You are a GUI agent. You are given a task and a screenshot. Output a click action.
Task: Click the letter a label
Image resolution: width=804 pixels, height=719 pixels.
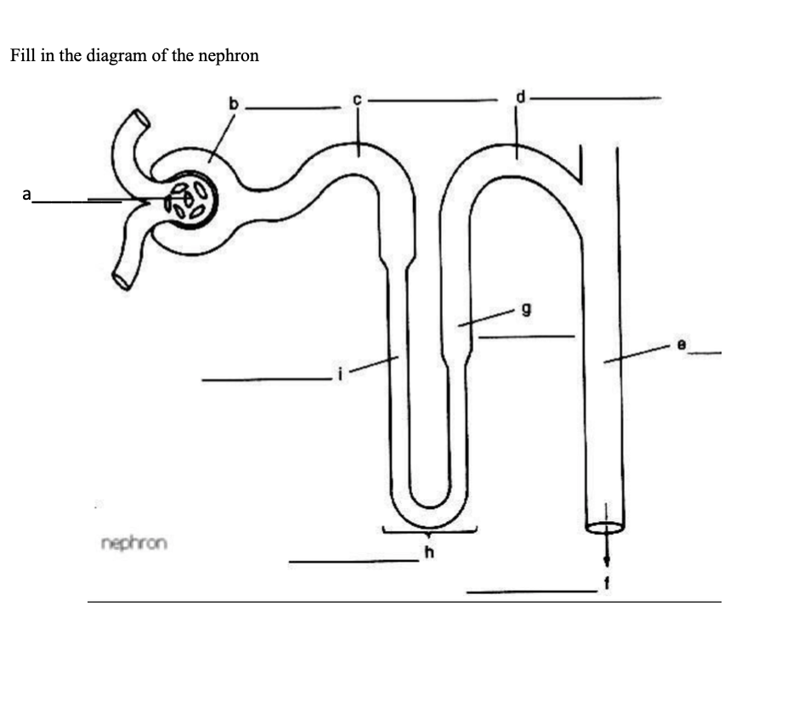[x=27, y=195]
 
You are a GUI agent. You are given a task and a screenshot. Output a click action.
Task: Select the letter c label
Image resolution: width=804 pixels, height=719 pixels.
[x=358, y=100]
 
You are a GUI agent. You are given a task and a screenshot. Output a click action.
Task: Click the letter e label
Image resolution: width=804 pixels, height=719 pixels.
[x=681, y=343]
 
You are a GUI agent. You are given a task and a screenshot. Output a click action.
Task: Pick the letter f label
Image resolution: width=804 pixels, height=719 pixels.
[x=607, y=583]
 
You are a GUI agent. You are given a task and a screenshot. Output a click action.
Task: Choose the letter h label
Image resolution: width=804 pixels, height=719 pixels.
[x=428, y=553]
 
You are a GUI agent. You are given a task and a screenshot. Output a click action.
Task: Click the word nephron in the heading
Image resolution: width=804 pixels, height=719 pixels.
[x=229, y=57]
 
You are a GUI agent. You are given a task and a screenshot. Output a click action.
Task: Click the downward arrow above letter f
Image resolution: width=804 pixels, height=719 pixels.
[x=606, y=551]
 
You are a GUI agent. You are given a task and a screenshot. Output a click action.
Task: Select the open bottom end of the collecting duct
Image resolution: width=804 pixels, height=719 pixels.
[x=605, y=528]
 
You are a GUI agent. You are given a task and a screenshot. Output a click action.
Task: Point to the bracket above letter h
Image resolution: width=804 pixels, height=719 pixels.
[x=428, y=532]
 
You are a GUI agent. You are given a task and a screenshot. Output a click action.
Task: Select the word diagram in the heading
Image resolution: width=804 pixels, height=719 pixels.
[x=116, y=57]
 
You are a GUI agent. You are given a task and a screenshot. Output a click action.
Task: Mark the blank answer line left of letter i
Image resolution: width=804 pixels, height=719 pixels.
[x=264, y=380]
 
